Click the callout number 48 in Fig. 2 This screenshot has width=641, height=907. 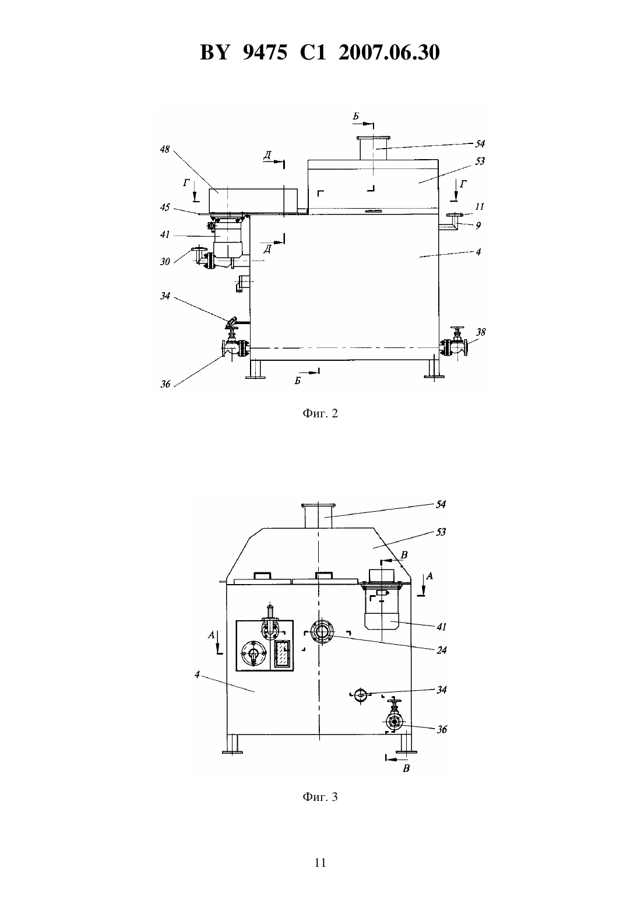(165, 149)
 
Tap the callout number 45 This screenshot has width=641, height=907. (165, 208)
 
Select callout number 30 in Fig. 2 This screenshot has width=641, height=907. (165, 262)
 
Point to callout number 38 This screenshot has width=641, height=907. (480, 332)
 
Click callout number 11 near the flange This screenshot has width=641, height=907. (479, 206)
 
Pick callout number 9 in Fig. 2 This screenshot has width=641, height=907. (478, 225)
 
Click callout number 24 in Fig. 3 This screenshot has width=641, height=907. (442, 650)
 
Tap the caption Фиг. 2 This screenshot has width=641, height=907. (320, 413)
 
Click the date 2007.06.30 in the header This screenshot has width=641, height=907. (389, 52)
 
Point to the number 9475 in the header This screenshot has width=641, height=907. (265, 52)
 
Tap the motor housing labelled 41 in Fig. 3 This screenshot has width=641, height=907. (382, 608)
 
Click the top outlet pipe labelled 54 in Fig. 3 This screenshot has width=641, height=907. (319, 515)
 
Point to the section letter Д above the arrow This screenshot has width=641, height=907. (268, 155)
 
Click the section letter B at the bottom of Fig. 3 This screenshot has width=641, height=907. (407, 768)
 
